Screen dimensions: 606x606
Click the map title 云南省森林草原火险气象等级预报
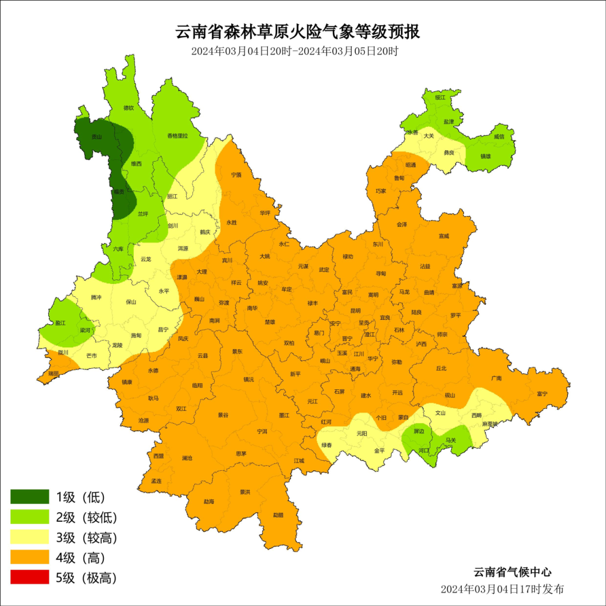pos(298,31)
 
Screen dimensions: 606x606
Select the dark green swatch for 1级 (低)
pos(30,497)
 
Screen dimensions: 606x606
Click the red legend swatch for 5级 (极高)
pos(30,577)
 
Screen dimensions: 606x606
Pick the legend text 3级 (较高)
pos(86,538)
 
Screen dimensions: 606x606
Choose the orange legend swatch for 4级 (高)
pos(30,557)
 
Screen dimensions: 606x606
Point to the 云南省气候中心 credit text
pos(512,572)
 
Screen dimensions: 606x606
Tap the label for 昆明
pos(355,310)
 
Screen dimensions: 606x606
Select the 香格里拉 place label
pos(177,136)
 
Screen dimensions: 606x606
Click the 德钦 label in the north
pos(128,108)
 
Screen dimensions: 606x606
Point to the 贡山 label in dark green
pos(97,136)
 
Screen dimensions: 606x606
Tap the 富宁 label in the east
pos(541,394)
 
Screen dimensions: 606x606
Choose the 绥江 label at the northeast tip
pos(440,97)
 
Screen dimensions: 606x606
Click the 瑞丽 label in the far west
pos(53,373)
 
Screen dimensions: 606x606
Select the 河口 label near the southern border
pos(424,450)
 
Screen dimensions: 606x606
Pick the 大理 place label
pos(201,272)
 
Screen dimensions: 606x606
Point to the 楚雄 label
pos(270,322)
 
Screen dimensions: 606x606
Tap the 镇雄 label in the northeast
pos(485,157)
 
